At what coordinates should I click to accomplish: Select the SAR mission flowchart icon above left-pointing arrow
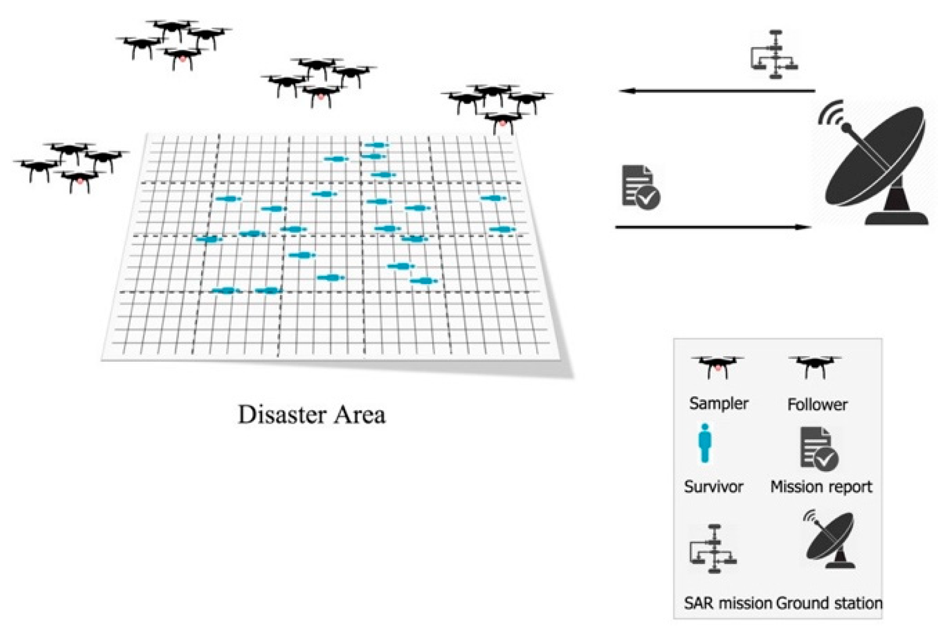[x=774, y=55]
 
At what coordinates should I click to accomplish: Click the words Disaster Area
[x=312, y=415]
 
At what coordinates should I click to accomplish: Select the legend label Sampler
[x=718, y=404]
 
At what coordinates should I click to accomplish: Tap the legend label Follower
[x=817, y=405]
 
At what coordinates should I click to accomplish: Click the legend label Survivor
[x=713, y=487]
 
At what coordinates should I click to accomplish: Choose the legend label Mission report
[x=821, y=487]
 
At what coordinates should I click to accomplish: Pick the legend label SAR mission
[x=727, y=603]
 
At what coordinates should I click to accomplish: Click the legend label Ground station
[x=829, y=603]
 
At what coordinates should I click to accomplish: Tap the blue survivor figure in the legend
[x=704, y=444]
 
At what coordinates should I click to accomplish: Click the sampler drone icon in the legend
[x=718, y=366]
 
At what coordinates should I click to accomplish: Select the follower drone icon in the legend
[x=814, y=366]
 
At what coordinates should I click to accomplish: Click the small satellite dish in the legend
[x=830, y=541]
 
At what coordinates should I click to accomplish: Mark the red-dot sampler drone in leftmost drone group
[x=80, y=180]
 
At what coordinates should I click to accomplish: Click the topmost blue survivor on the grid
[x=377, y=145]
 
